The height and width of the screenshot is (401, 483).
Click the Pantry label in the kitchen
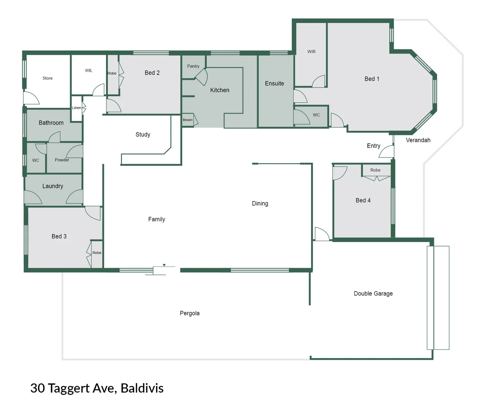point(193,66)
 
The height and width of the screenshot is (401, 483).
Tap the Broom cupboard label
point(187,120)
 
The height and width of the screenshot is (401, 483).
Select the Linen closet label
point(76,108)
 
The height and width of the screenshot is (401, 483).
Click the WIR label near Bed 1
point(311,52)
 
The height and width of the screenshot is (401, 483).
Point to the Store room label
point(47,78)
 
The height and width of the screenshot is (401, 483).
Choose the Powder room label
point(62,160)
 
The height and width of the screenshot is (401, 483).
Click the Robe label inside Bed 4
point(375,170)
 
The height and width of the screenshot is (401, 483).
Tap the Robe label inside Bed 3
point(97,253)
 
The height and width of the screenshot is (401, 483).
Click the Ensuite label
point(274,84)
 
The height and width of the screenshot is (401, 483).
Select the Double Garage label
point(373,294)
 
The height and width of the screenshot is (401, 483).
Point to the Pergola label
point(190,313)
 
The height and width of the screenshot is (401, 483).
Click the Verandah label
point(418,140)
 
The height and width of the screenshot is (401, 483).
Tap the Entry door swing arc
point(387,151)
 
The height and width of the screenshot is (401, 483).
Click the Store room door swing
point(31,98)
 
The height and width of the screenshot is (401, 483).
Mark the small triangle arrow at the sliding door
point(164,265)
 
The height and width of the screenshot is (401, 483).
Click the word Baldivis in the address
point(142,388)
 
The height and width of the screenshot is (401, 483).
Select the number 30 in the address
point(38,388)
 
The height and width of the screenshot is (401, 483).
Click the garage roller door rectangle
point(438,298)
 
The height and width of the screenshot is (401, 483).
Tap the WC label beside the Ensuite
point(316,115)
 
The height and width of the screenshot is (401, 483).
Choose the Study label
point(143,134)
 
